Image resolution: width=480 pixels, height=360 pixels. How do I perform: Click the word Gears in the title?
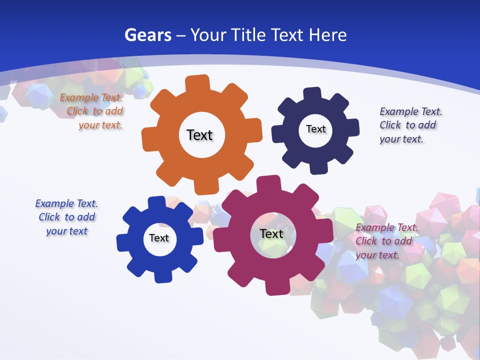(x=147, y=35)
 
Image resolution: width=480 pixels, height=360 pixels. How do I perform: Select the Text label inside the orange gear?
(x=199, y=135)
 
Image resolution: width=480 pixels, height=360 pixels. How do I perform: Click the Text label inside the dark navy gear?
(x=315, y=129)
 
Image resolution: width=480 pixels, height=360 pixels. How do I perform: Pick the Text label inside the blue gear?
(x=159, y=238)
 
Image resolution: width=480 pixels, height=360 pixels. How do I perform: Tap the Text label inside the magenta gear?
(x=271, y=233)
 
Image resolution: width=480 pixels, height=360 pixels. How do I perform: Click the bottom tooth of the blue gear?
(x=162, y=276)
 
